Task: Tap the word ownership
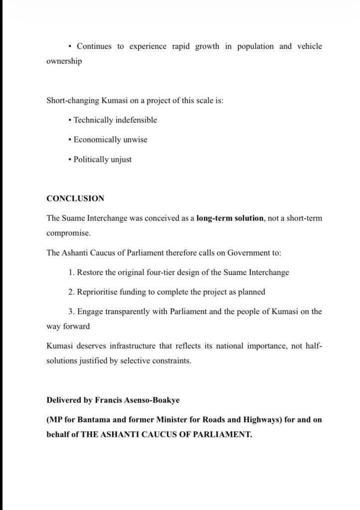point(64,62)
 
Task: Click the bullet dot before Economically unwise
point(70,140)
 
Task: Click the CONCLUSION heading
point(75,198)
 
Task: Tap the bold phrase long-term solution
point(230,218)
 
